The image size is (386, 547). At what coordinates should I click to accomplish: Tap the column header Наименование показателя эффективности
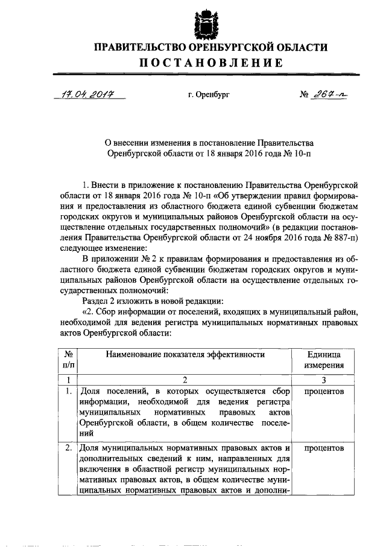(186, 355)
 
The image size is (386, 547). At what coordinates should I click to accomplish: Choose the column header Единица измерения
(324, 360)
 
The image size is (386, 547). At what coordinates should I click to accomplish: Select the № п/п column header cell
(69, 360)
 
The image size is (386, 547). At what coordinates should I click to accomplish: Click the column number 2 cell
(186, 380)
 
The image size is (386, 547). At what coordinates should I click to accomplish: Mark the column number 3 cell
(324, 380)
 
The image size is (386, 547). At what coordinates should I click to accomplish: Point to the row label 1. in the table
(70, 392)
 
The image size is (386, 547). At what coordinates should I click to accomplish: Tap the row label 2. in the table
(70, 448)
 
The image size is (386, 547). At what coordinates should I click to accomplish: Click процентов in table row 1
(324, 392)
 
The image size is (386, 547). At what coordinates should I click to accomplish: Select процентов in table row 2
(324, 448)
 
